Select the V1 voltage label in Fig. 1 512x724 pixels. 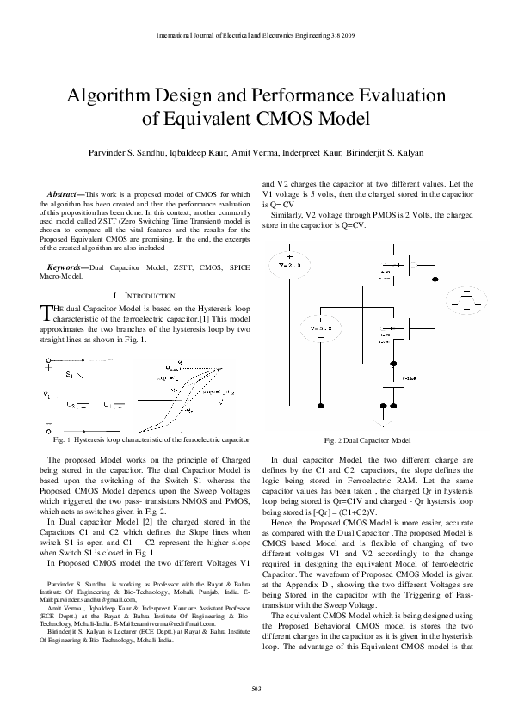tap(46, 394)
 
